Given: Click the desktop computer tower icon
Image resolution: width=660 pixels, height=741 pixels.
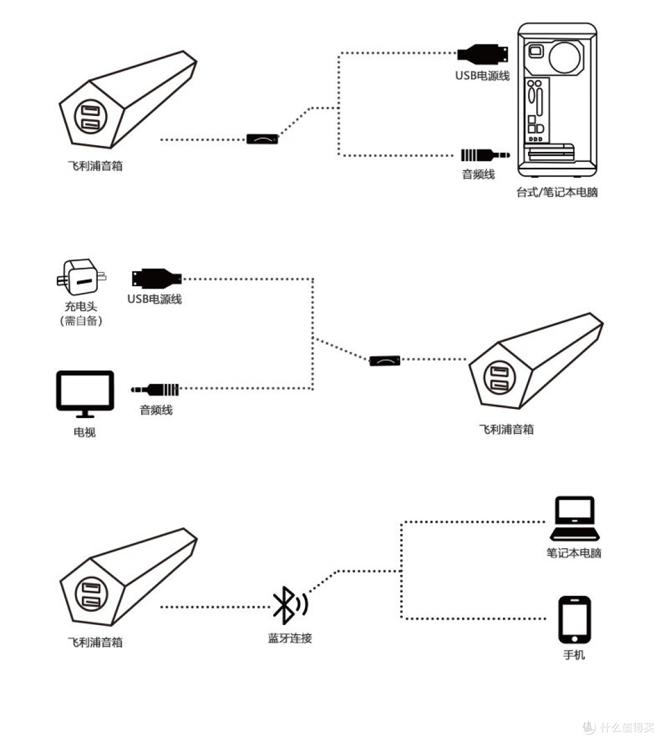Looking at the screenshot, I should click(x=557, y=101).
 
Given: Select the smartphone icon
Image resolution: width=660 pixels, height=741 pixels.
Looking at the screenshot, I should click(x=574, y=620).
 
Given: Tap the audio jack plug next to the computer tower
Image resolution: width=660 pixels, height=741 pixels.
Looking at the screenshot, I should click(x=485, y=155).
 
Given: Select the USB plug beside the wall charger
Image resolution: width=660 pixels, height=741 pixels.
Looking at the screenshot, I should click(x=156, y=278).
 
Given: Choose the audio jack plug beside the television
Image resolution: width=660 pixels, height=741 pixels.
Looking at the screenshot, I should click(x=156, y=389).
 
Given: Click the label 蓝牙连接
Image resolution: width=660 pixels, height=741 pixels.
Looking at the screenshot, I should click(x=290, y=638).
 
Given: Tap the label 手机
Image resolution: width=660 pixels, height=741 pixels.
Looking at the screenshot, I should click(x=574, y=655).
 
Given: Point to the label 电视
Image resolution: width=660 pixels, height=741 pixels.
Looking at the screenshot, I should click(x=84, y=432).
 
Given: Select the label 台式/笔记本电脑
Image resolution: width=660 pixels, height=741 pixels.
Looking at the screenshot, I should click(x=557, y=192).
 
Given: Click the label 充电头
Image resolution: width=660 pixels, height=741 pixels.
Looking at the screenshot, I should click(x=81, y=306).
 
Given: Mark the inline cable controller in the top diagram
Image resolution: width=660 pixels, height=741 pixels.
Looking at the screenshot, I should click(x=262, y=139).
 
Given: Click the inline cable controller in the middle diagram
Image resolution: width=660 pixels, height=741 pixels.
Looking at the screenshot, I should click(x=385, y=360).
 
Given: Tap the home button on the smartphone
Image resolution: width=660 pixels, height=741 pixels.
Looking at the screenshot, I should click(x=574, y=639).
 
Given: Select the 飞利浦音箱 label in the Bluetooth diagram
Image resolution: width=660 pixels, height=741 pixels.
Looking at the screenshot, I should click(x=95, y=642).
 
